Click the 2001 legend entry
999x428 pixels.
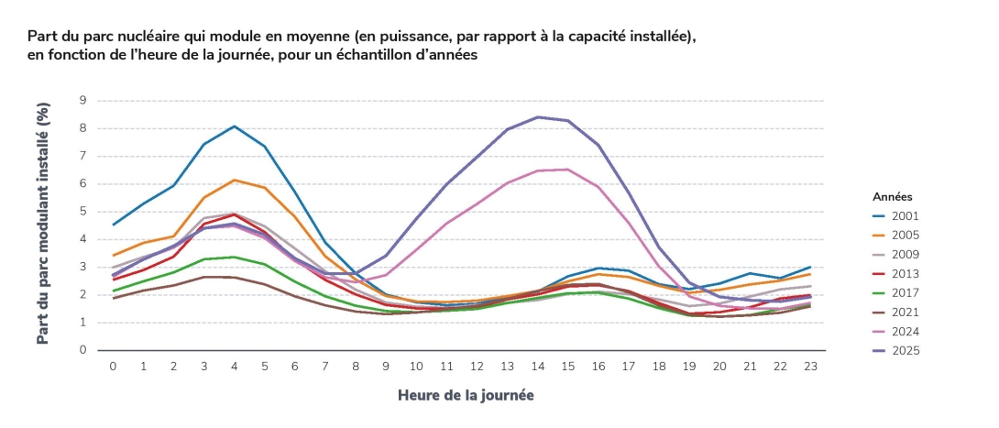[x=904, y=216]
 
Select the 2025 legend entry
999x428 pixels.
[x=904, y=351]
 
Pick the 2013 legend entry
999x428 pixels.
[x=904, y=274]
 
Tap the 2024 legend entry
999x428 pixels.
[x=904, y=332]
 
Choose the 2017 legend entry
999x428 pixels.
[x=904, y=293]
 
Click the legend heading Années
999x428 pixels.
[x=892, y=196]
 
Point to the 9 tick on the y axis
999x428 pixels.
[x=83, y=100]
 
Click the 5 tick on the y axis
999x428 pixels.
[x=83, y=211]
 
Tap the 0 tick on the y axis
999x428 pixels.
[x=83, y=350]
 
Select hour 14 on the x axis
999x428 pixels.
[x=537, y=366]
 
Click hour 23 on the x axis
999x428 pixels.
[x=810, y=366]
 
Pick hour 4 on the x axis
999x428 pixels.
[x=234, y=366]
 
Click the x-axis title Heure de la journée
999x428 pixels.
[x=466, y=395]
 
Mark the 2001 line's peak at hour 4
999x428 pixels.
[x=234, y=126]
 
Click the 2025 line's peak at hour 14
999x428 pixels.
[x=537, y=116]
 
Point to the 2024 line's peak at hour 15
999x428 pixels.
[x=567, y=169]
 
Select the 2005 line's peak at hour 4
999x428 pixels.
[x=234, y=180]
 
